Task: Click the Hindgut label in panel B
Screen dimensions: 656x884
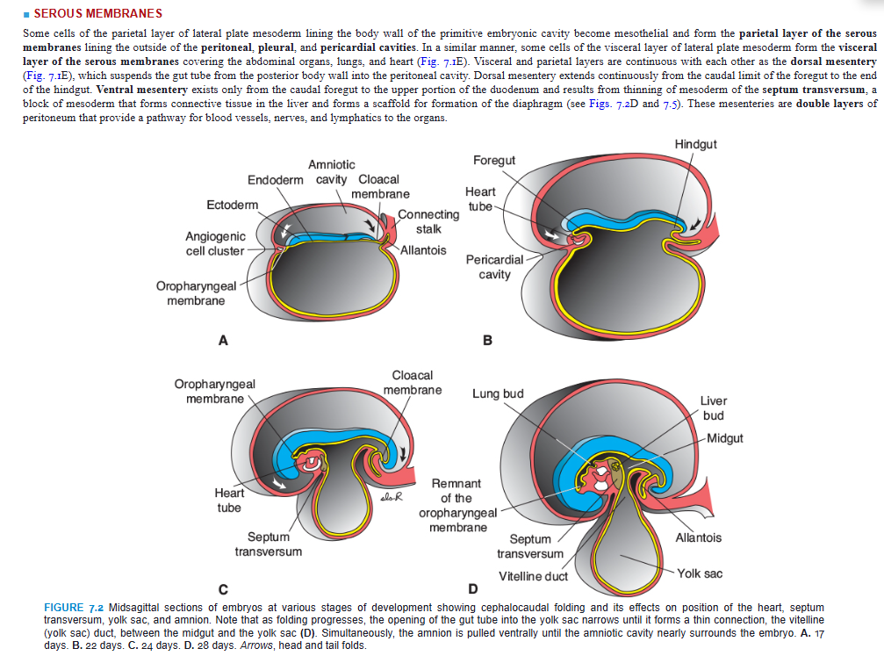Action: click(x=696, y=143)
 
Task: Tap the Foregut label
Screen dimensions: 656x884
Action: click(x=494, y=160)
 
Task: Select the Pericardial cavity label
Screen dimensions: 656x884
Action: click(x=494, y=267)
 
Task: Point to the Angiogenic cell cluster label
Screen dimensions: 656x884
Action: click(x=215, y=243)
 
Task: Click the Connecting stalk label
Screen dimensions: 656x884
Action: click(x=428, y=221)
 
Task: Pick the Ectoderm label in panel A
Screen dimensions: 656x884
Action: click(x=233, y=205)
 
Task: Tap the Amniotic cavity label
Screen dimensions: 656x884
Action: click(x=332, y=172)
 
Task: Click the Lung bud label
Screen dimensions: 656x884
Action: click(x=498, y=393)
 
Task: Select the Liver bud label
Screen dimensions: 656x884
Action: click(x=713, y=407)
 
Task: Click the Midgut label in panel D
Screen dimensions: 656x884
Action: click(x=724, y=438)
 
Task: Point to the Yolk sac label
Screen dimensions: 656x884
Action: click(x=700, y=573)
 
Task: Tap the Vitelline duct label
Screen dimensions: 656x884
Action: click(x=533, y=576)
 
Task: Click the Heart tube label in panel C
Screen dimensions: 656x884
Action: click(x=230, y=500)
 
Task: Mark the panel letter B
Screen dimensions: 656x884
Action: click(x=488, y=340)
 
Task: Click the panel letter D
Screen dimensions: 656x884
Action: click(x=474, y=588)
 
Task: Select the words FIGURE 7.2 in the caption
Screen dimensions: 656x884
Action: click(x=75, y=608)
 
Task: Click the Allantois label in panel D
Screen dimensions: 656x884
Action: click(x=699, y=537)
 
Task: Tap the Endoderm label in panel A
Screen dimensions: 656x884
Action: click(x=276, y=179)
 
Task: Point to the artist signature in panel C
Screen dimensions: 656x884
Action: click(x=391, y=497)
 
